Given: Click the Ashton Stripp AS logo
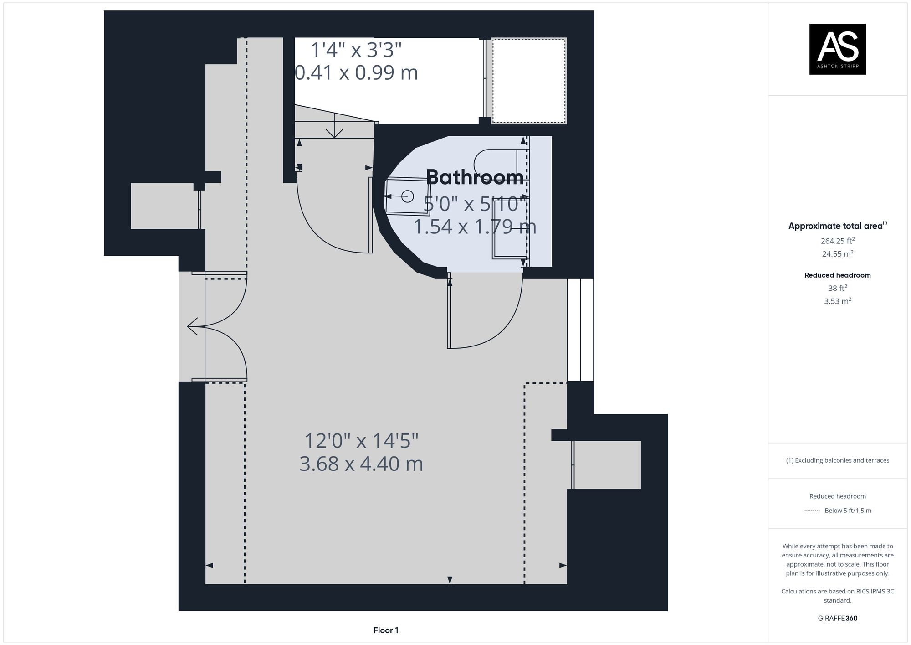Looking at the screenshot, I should coord(837,49).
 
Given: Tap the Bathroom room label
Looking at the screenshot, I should coord(475,177).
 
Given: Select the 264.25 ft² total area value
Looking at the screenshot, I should coord(837,241).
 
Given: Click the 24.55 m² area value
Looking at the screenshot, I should coord(837,253).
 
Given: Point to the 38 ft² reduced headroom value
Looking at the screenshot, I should coord(837,288).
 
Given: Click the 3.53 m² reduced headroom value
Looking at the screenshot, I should coord(837,301).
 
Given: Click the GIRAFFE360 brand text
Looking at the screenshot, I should coord(837,619).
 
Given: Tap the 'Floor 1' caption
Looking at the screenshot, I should coord(386,630).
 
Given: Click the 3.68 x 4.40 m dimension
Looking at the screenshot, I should coord(361,464).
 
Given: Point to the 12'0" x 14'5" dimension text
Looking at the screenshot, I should coord(361,441).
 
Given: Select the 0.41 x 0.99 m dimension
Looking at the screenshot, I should coord(356,73).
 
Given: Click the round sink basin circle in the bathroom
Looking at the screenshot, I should coord(407,196).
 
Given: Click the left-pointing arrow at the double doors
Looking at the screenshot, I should coord(193,326).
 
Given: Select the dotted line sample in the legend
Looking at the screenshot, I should coord(812,511).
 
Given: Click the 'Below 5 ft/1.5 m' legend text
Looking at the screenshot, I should coord(848,511).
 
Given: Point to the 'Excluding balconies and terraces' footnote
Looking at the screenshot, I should coord(837,460).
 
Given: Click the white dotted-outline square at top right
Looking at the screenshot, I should coord(529,81).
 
